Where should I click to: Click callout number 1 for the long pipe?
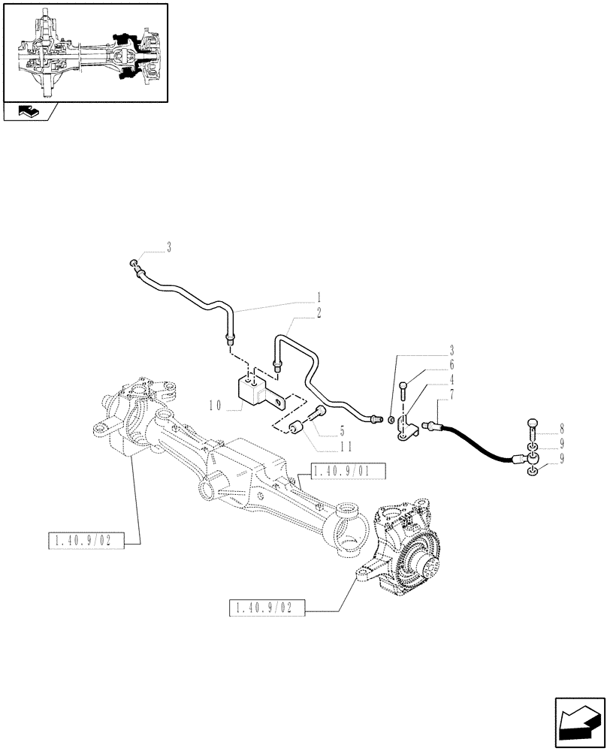pyautogui.click(x=319, y=297)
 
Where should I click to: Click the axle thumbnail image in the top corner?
pyautogui.click(x=84, y=52)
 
